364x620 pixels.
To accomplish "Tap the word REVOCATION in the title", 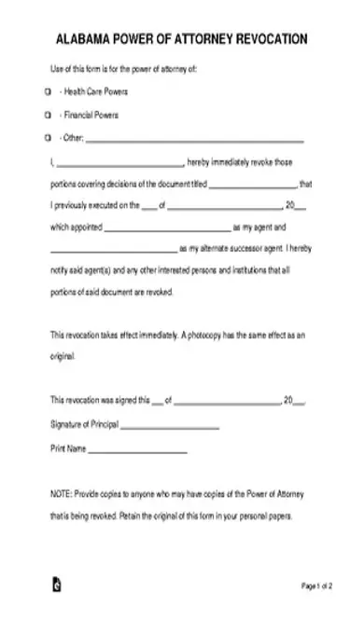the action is click(x=265, y=40).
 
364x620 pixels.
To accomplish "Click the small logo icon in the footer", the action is click(x=55, y=586).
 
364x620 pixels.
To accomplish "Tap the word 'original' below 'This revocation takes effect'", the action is click(x=62, y=355).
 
